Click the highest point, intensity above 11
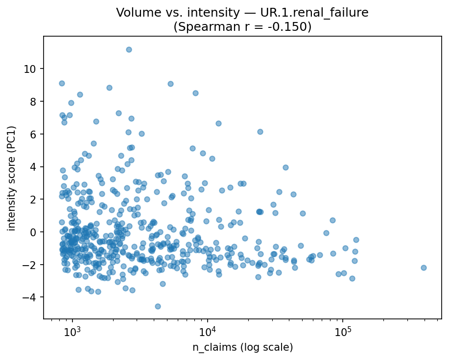pos(129,49)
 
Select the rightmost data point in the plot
pos(424,268)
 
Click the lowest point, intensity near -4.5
pos(158,306)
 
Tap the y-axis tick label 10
pos(30,69)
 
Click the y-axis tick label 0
pos(33,232)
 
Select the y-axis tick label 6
pos(33,134)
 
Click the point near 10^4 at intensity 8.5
pos(195,93)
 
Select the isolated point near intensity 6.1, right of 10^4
pos(260,132)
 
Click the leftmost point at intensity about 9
pos(62,83)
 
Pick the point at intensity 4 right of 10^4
pos(285,167)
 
